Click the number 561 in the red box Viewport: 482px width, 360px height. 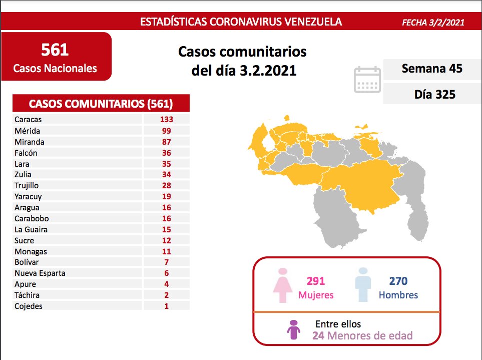pyautogui.click(x=55, y=50)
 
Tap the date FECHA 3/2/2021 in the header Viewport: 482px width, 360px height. pyautogui.click(x=433, y=23)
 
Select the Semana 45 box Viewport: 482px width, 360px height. pyautogui.click(x=431, y=69)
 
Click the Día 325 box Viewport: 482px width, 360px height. pyautogui.click(x=434, y=94)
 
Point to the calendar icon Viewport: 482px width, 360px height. pyautogui.click(x=367, y=80)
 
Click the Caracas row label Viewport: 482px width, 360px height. pyautogui.click(x=28, y=120)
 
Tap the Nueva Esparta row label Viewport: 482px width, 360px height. pyautogui.click(x=40, y=273)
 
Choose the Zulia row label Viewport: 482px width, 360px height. pyautogui.click(x=23, y=175)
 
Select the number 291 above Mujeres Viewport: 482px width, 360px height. pyautogui.click(x=315, y=281)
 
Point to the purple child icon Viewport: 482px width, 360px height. pyautogui.click(x=293, y=330)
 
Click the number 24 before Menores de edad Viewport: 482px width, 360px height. pyautogui.click(x=318, y=335)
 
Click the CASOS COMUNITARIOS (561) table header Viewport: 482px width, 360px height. pyautogui.click(x=101, y=104)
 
